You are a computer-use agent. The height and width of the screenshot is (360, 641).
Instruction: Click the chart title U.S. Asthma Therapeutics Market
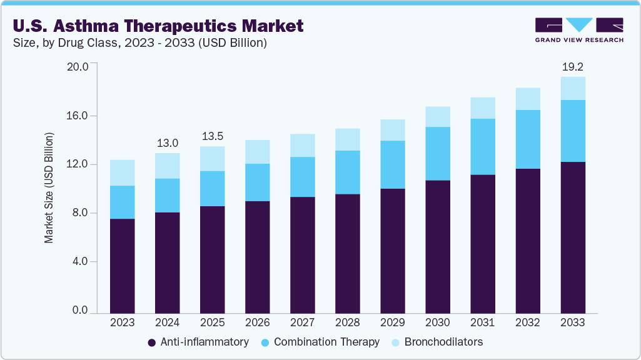click(158, 26)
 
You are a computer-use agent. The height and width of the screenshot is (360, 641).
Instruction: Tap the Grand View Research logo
click(579, 30)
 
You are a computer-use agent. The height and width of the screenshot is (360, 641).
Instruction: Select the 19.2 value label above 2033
click(573, 66)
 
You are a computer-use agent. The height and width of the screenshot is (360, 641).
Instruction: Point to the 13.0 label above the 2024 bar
click(167, 142)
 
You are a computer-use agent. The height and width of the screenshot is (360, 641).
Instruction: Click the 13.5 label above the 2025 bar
click(212, 136)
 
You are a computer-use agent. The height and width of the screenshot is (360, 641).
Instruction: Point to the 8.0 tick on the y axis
click(81, 213)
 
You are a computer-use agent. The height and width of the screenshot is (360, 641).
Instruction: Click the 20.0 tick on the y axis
click(79, 66)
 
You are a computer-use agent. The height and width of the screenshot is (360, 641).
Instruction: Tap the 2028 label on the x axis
click(348, 322)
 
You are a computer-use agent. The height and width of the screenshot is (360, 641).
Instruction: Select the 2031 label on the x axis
click(483, 322)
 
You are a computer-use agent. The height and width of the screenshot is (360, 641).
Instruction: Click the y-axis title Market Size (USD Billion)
click(49, 188)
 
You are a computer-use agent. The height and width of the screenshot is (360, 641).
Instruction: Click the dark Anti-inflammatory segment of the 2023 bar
click(123, 266)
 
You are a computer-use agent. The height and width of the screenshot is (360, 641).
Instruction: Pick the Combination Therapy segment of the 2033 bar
click(573, 131)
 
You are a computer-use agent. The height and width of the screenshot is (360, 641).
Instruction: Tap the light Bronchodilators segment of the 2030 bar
click(438, 116)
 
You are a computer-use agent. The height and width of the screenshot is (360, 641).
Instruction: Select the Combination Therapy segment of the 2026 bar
click(258, 182)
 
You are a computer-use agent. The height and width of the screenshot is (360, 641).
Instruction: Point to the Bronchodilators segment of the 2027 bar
click(303, 145)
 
